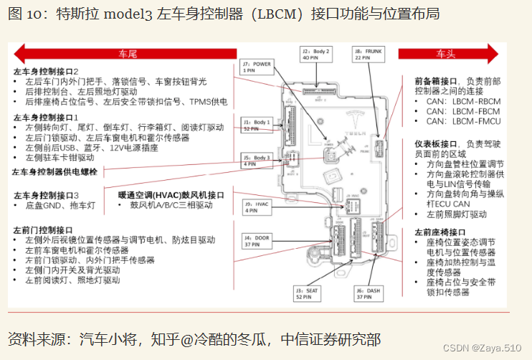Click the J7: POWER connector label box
coord(256,67)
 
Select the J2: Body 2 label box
coord(315,55)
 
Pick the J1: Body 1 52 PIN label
coord(256,125)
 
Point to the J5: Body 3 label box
coord(256,160)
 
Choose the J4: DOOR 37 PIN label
coord(256,240)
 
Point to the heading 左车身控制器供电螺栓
coord(55,171)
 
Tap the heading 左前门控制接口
coord(47,229)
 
